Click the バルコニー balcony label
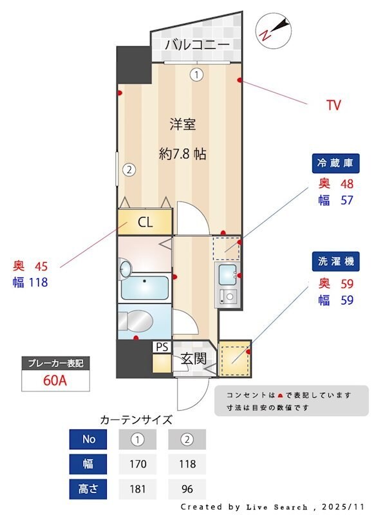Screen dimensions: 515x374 (197, 44)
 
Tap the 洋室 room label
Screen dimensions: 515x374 (183, 124)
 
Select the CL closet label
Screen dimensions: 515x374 (145, 223)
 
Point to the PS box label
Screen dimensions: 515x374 (162, 347)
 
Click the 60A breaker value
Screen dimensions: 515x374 (55, 380)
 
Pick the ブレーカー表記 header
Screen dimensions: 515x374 (55, 363)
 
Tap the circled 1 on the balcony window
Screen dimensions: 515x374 (196, 75)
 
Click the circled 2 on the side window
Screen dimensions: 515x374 (129, 170)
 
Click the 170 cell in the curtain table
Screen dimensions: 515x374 (138, 464)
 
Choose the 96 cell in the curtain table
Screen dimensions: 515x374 (187, 488)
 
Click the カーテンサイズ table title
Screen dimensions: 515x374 (136, 420)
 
